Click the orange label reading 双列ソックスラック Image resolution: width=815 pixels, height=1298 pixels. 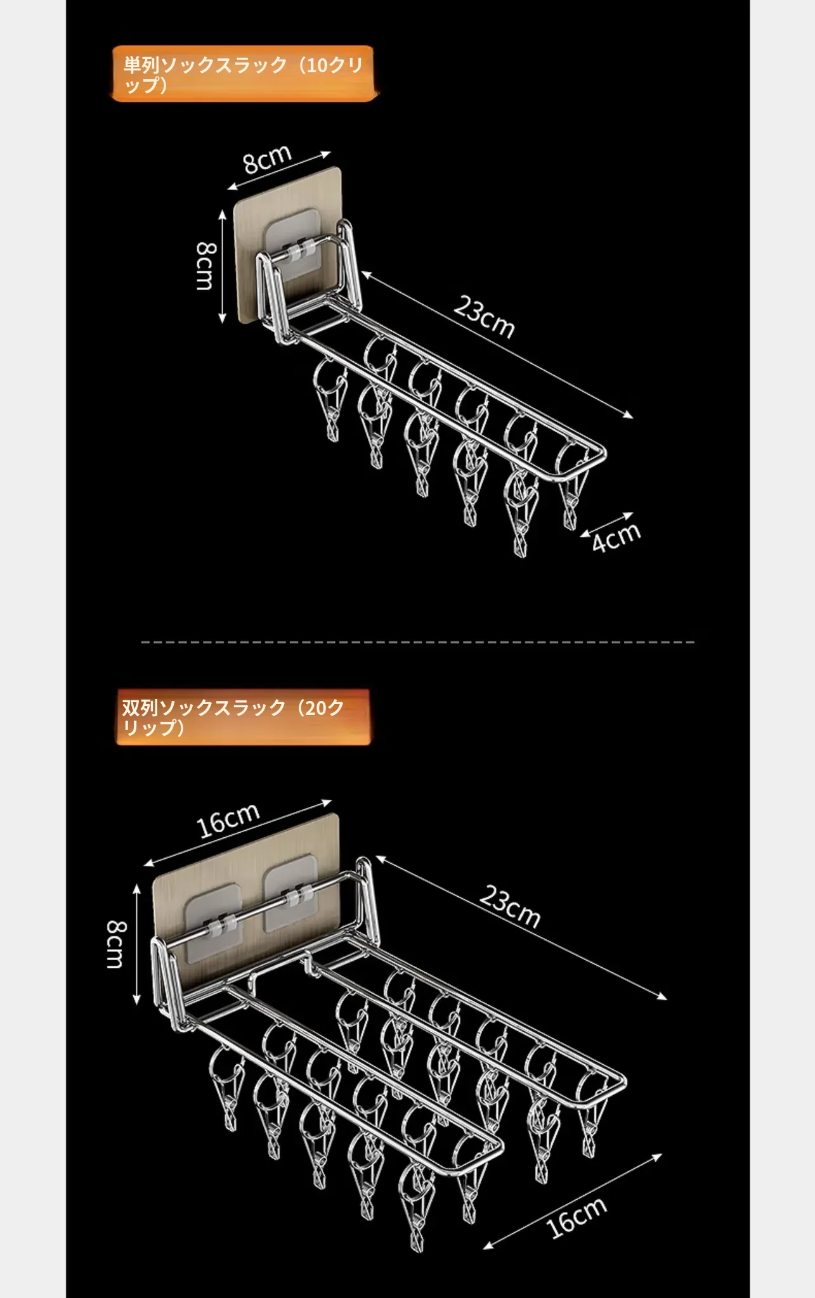click(242, 717)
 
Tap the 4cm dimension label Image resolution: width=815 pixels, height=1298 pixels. click(616, 537)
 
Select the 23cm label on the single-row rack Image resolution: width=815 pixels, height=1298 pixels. click(483, 318)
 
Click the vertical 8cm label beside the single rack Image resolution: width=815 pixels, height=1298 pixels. click(205, 266)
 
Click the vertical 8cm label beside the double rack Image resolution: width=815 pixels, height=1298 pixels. click(116, 944)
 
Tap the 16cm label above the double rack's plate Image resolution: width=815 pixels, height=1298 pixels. click(228, 820)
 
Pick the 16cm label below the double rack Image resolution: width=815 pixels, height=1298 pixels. click(577, 1217)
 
